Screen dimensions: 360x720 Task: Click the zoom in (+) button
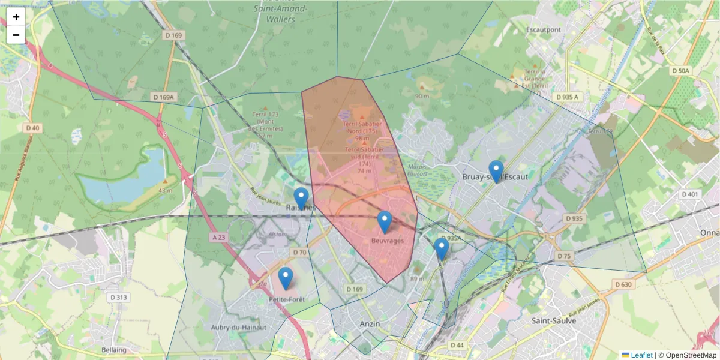(x=16, y=17)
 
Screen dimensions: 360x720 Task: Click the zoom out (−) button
(x=16, y=35)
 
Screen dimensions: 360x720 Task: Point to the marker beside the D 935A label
(x=442, y=248)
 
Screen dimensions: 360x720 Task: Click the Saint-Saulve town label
(x=554, y=321)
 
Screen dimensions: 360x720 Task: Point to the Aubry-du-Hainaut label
(x=238, y=327)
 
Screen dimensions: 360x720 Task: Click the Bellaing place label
(x=114, y=350)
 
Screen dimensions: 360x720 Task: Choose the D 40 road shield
(x=32, y=128)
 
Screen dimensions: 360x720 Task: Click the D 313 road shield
(x=119, y=297)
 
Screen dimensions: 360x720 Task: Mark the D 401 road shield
(x=691, y=194)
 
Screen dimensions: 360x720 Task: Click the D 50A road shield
(x=681, y=71)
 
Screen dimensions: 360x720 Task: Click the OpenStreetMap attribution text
(x=688, y=355)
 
